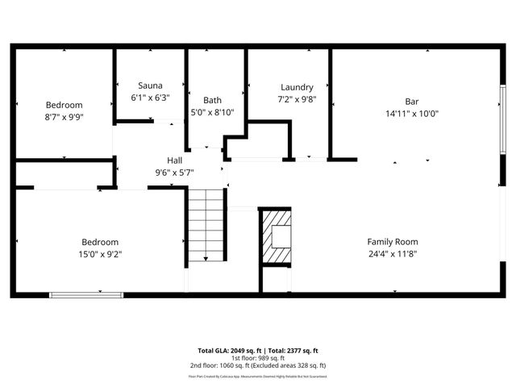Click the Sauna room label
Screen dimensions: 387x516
[150, 85]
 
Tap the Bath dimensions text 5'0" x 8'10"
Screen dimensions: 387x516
[212, 112]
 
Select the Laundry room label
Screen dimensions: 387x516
[297, 87]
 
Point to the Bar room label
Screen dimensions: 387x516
[412, 102]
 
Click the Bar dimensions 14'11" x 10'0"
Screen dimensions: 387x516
[412, 114]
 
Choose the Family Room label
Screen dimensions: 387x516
[393, 241]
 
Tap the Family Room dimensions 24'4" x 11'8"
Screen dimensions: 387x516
[393, 253]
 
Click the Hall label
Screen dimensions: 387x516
[174, 160]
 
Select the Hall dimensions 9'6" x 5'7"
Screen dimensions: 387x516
[174, 173]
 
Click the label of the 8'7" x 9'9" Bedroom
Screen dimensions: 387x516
[64, 105]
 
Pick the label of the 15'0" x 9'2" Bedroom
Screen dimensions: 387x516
[100, 242]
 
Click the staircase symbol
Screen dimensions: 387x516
[205, 225]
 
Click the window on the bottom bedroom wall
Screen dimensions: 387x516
[86, 294]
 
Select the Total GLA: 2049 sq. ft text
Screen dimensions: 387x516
[227, 351]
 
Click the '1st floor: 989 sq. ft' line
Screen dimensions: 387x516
[258, 358]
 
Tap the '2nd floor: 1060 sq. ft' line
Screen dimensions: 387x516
[258, 365]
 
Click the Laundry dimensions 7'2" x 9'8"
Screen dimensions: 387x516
[297, 99]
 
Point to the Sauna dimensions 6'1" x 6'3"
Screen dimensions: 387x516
[150, 98]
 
